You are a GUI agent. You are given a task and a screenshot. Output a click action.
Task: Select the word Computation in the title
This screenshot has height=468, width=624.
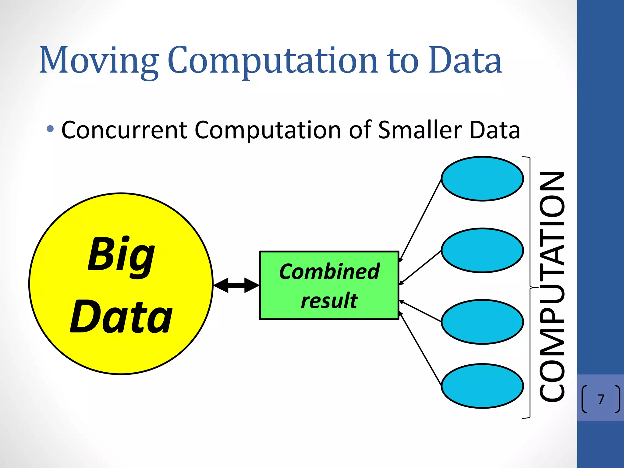tap(273, 61)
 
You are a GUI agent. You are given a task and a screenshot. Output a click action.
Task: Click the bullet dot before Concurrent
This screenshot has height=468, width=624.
tap(50, 129)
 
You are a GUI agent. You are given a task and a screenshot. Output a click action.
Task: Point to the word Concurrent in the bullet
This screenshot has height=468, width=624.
tap(124, 130)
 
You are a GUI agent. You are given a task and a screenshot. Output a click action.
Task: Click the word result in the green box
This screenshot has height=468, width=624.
tap(329, 300)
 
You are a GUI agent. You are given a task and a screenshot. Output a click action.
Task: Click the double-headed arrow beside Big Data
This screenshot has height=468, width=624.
tap(236, 285)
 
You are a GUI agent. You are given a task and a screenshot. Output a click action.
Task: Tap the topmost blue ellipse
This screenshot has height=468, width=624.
tap(482, 179)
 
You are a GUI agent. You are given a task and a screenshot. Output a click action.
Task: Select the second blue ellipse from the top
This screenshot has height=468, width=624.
tap(482, 250)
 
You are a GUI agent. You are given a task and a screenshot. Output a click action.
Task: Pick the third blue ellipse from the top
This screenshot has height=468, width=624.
tap(482, 322)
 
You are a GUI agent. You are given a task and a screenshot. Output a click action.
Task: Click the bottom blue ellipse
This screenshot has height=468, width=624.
tap(482, 386)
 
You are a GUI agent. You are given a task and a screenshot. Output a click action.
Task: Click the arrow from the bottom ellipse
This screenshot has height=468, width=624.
tap(420, 349)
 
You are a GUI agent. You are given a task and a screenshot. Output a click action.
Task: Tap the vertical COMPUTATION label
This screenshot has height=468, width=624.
tap(552, 286)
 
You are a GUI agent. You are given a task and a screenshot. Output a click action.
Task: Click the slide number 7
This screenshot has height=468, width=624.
tap(601, 399)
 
